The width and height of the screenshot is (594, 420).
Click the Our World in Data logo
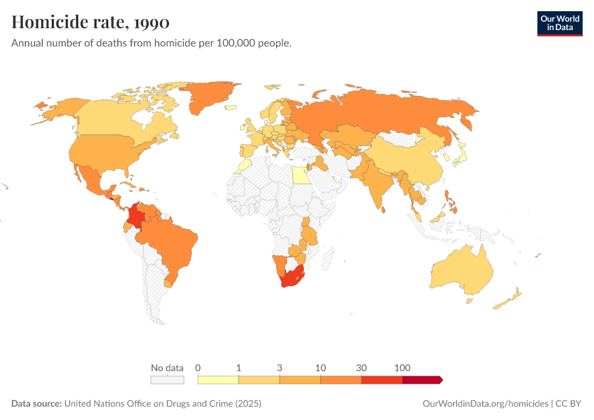pos(559,22)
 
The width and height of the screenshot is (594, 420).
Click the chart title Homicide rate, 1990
pos(90,22)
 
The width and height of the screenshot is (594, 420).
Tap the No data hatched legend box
pos(167,379)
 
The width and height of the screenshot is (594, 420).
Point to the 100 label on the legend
pos(403,367)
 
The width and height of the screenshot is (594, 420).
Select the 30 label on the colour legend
pos(361,367)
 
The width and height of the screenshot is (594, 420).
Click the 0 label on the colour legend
pos(198,367)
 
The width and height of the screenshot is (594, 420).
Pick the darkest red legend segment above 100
pos(421,379)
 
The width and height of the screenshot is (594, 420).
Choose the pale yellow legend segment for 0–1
pos(218,379)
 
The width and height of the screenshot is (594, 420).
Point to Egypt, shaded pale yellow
pos(300,174)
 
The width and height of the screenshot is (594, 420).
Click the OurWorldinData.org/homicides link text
pos(485,404)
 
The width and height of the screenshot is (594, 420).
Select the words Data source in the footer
pos(36,404)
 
